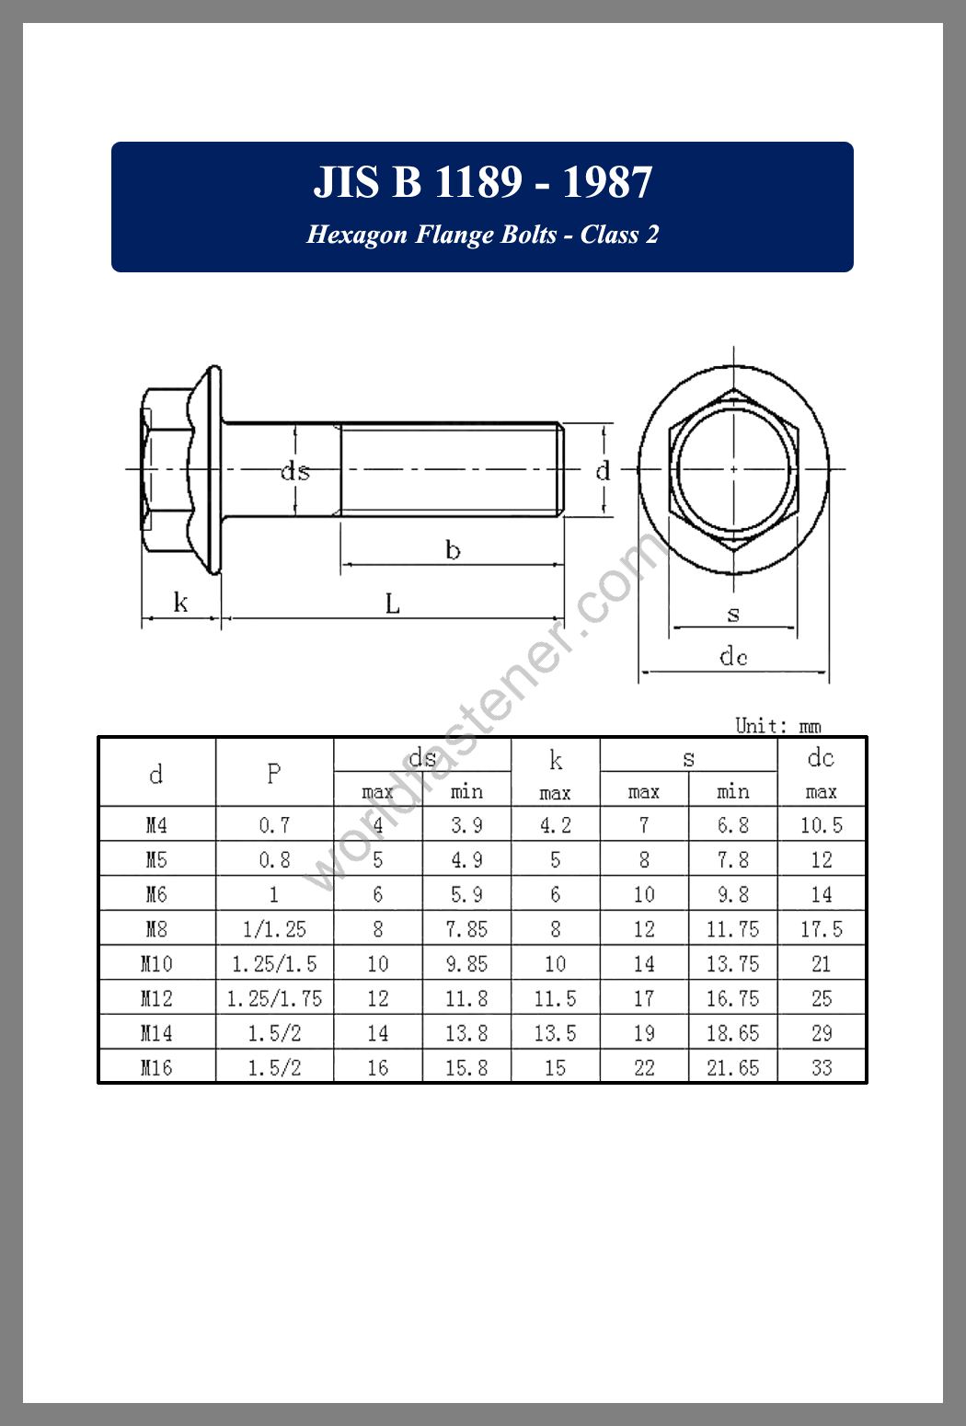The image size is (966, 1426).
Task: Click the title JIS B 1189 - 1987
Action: pos(482,182)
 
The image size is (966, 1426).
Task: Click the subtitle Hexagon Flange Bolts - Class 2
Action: pos(482,235)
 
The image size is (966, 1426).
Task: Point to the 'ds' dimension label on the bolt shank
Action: pos(295,472)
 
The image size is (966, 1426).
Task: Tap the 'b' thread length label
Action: pos(453,550)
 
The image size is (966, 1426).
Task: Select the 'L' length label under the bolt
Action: pos(393,604)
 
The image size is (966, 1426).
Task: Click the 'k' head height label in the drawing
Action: pos(180,603)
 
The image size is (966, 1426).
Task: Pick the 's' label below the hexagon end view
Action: pos(733,614)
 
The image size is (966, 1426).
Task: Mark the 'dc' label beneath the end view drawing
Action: pos(733,656)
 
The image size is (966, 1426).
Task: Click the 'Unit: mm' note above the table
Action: pos(777,725)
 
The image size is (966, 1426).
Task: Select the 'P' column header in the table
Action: pos(274,773)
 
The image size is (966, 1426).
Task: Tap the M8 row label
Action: pos(156,929)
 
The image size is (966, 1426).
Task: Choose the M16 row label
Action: pos(156,1068)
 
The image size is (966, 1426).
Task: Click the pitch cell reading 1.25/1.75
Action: pos(274,999)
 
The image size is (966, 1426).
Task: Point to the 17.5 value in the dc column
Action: pos(822,929)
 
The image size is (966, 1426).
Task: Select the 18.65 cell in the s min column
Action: pos(732,1033)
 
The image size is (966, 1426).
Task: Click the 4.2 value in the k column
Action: pos(555,825)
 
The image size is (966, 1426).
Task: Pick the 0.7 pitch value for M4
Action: pos(274,825)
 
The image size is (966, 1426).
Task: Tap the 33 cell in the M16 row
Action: pos(822,1068)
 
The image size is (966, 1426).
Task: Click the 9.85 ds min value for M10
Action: pos(466,964)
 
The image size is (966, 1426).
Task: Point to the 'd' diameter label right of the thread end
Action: pos(603,472)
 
